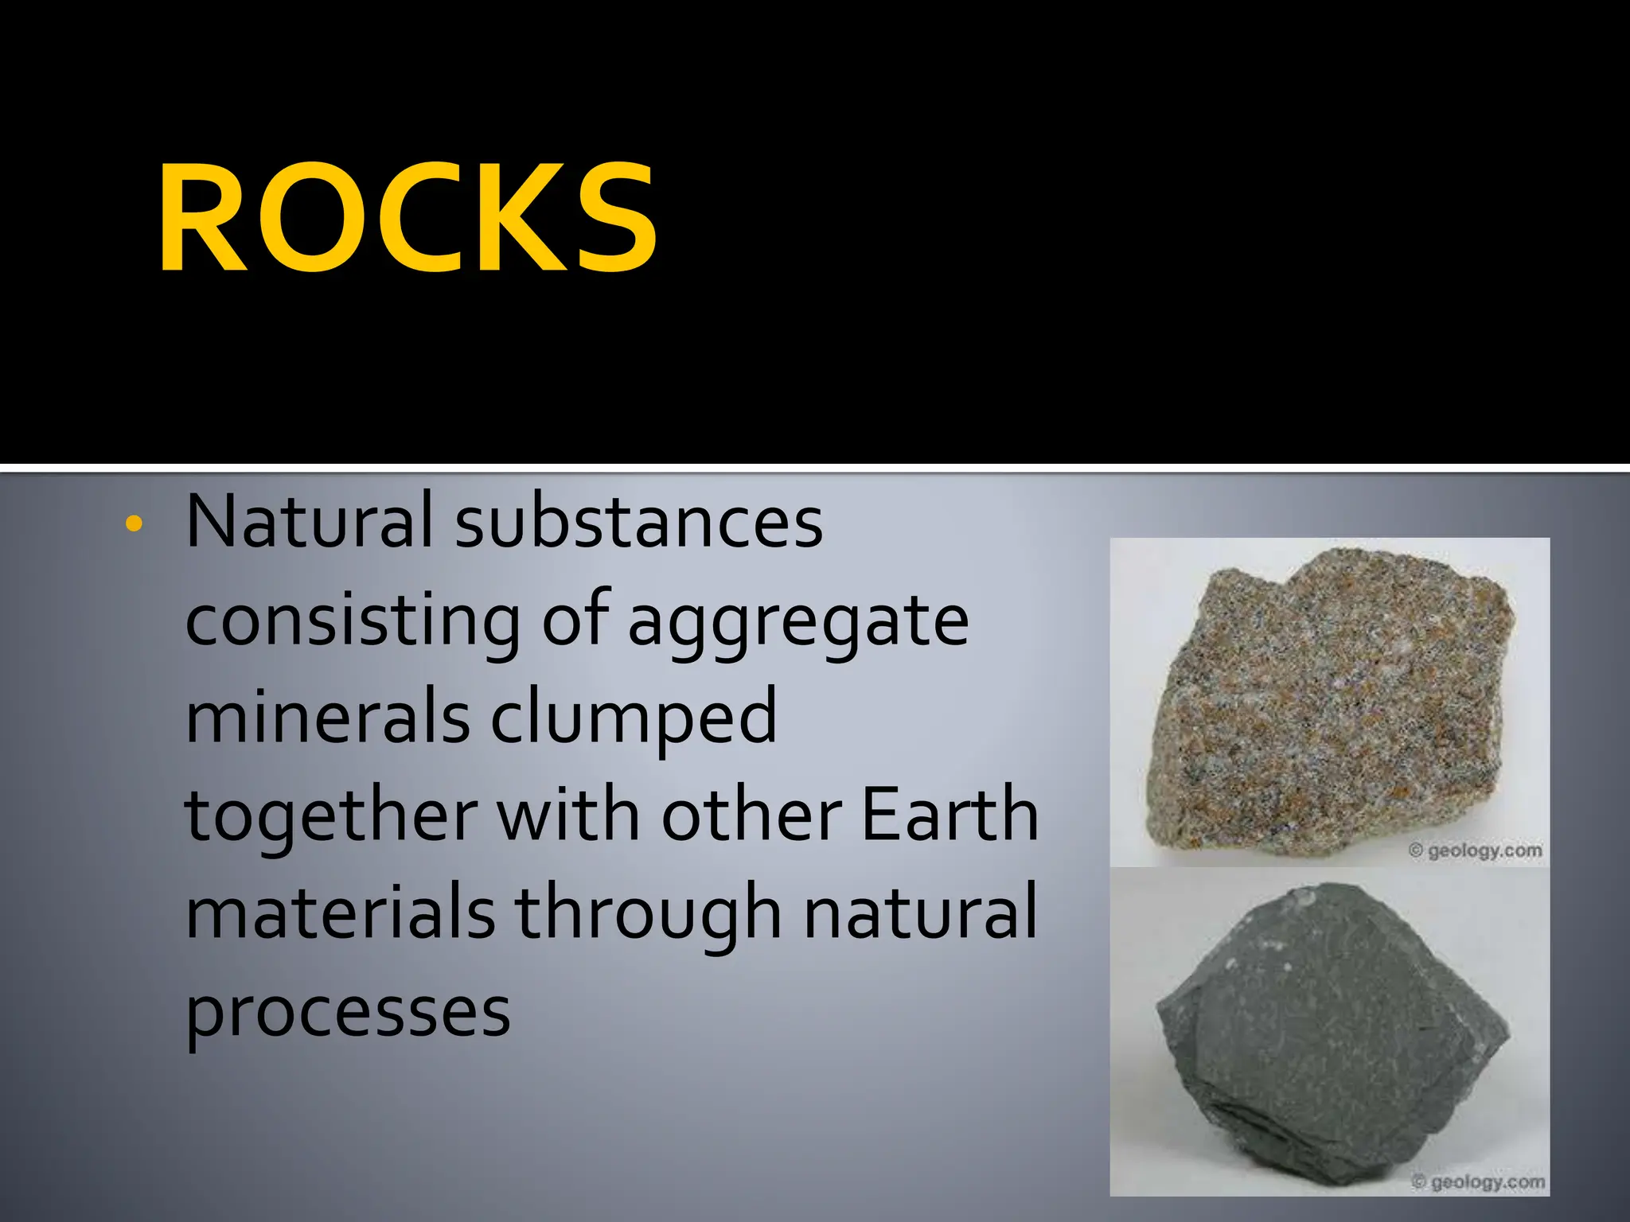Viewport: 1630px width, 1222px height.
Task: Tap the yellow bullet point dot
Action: (134, 523)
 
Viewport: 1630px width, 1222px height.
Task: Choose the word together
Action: (331, 815)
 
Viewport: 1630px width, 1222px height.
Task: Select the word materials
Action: (341, 912)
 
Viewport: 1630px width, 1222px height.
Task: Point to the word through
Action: (649, 913)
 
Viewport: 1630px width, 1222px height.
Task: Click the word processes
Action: (348, 1012)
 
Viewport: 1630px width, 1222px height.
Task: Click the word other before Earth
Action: (751, 815)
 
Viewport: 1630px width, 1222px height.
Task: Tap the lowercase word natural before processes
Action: (920, 912)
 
